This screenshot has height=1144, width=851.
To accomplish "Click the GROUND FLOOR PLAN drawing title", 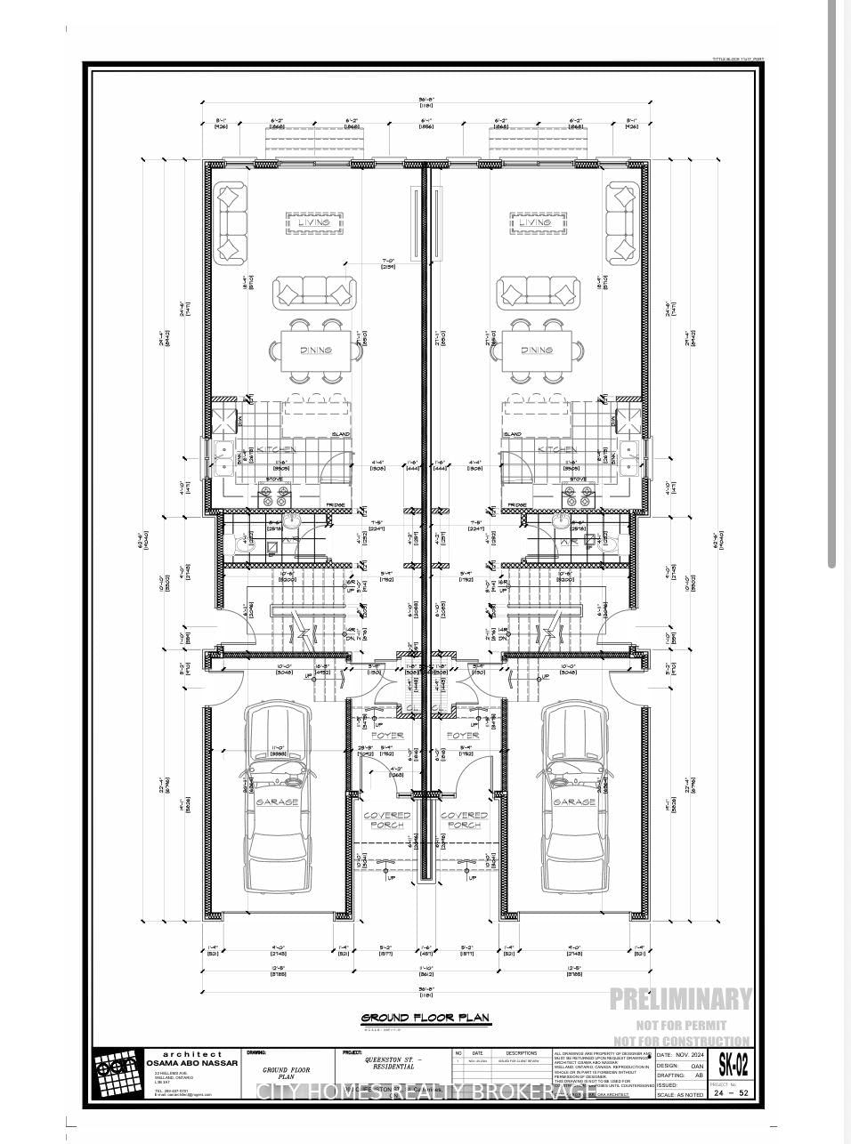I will pos(425,1019).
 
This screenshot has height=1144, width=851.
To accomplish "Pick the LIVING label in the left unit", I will pos(313,223).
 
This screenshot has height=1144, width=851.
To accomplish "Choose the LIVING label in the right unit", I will pos(537,223).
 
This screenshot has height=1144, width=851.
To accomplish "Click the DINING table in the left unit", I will pos(316,350).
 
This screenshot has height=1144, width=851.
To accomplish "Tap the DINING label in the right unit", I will pos(537,350).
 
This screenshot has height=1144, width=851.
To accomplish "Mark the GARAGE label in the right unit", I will pos(574,802).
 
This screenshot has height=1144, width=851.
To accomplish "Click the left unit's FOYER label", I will pos(386,736).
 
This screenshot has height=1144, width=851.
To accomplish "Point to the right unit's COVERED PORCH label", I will pos(464,819).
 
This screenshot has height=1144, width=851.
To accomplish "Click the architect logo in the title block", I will pos(118,1074).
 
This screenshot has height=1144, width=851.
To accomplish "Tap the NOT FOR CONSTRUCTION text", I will pos(682,1041).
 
